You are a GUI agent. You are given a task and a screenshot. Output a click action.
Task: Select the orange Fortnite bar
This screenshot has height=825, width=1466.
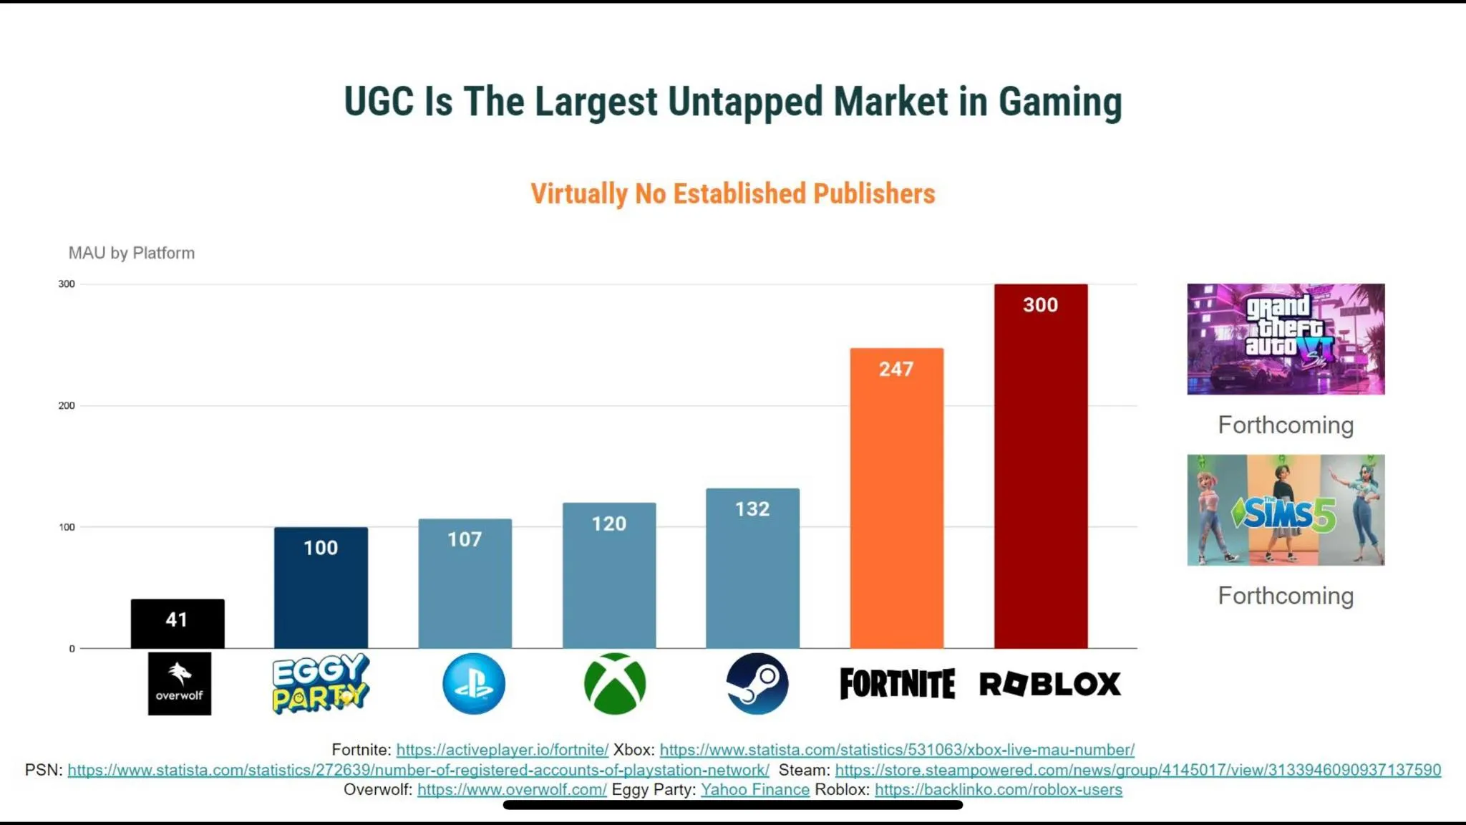click(896, 501)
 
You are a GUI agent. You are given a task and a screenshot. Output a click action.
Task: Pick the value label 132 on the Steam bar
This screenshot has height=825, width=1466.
click(752, 509)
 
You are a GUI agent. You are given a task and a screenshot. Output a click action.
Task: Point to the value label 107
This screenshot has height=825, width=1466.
click(465, 539)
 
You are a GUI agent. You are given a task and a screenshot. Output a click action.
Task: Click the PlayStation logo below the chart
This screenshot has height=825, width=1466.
click(473, 683)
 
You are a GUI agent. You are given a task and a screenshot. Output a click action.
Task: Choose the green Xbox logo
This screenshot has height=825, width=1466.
click(615, 683)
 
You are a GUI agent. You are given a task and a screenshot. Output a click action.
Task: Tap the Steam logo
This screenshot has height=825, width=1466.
click(757, 683)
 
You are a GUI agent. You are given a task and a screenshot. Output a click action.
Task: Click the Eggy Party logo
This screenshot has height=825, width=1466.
click(320, 683)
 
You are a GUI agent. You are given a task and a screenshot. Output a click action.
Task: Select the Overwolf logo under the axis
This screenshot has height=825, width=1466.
click(180, 683)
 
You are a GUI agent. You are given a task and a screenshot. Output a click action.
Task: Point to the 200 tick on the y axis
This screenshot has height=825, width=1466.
click(67, 405)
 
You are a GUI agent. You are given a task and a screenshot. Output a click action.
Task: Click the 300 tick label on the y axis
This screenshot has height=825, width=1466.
click(67, 284)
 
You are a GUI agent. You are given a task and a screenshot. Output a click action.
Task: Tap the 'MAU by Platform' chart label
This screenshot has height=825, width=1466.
click(132, 253)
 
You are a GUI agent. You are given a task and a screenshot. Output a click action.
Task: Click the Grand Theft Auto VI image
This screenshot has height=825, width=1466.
click(1286, 339)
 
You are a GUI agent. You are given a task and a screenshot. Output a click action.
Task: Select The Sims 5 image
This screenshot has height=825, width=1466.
click(1286, 510)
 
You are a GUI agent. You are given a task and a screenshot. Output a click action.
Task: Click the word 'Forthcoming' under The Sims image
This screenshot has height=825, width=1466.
click(1286, 596)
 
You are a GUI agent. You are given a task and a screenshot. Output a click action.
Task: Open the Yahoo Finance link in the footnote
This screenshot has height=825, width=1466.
click(754, 789)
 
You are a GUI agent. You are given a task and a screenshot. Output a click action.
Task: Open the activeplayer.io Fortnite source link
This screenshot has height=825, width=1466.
click(502, 749)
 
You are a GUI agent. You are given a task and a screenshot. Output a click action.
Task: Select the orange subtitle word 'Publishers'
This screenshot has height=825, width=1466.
click(874, 194)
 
